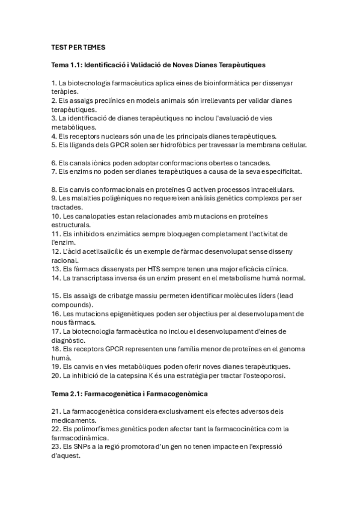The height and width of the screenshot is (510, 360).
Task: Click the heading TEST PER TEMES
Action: click(79, 46)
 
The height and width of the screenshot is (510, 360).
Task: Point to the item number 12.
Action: click(55, 251)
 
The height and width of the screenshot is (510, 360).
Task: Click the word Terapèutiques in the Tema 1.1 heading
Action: click(237, 64)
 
